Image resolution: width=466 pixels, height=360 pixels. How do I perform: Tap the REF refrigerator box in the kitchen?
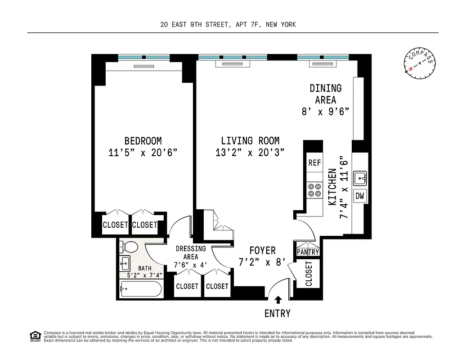click(x=314, y=163)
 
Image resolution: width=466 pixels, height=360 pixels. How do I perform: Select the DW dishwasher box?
click(x=360, y=196)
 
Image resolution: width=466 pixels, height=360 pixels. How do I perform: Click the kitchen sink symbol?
click(x=361, y=178)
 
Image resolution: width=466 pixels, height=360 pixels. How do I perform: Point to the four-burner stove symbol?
click(x=314, y=190)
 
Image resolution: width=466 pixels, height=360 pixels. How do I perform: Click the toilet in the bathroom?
click(x=129, y=247)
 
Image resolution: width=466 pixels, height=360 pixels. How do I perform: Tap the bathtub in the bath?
click(x=140, y=288)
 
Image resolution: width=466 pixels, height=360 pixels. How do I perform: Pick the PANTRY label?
click(x=308, y=252)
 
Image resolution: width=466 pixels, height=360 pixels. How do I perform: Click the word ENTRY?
click(x=277, y=314)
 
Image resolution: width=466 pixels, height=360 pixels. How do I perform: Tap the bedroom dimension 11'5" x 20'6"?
click(x=143, y=153)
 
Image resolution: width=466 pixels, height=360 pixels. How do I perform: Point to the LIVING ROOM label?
click(x=250, y=141)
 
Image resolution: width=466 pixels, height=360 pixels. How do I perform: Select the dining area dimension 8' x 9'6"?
click(x=325, y=112)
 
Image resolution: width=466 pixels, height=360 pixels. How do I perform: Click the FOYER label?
click(x=263, y=251)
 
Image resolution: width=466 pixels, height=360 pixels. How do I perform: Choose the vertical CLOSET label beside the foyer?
click(x=309, y=274)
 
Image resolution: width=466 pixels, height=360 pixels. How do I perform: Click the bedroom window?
click(x=144, y=58)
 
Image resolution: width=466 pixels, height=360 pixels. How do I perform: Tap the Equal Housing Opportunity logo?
click(x=35, y=336)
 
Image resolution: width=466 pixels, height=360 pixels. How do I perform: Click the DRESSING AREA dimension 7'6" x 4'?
click(x=191, y=265)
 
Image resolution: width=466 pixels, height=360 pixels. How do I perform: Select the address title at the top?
click(x=228, y=25)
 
